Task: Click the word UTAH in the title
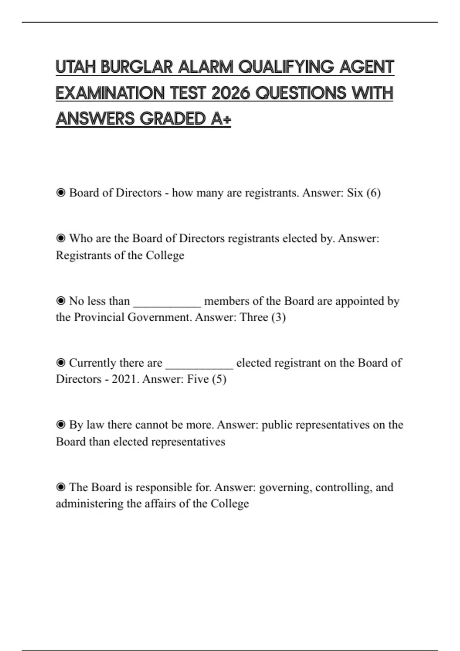pos(76,67)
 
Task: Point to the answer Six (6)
pos(363,193)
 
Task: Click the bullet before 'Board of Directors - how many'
pos(61,193)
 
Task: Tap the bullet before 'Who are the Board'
pos(61,239)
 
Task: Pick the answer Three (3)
pos(263,317)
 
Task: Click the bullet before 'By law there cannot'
pos(61,425)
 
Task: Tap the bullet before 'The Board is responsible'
pos(61,487)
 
